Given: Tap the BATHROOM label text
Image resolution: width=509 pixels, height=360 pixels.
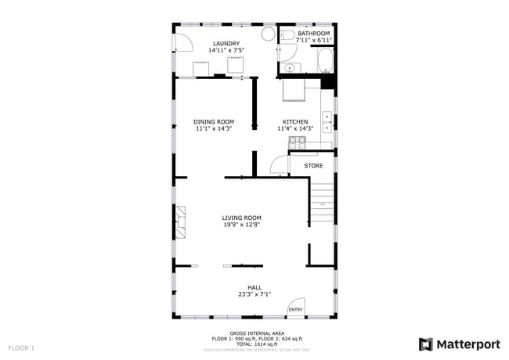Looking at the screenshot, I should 313,34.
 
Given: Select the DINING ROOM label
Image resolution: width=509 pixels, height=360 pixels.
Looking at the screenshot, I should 214,121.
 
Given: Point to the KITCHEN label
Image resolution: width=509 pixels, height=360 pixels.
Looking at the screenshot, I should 295,121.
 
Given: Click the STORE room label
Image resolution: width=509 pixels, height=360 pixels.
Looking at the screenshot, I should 313,166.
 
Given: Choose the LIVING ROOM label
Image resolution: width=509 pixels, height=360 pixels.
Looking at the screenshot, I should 241,218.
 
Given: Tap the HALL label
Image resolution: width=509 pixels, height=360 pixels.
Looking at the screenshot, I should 254,287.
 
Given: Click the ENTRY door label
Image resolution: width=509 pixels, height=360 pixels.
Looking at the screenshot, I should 295,310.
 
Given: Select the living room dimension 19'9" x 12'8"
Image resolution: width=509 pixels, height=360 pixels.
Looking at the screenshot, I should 241,225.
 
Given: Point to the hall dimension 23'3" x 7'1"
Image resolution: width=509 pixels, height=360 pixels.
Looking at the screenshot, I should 254,294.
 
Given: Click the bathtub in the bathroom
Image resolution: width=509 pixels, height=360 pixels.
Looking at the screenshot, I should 325,60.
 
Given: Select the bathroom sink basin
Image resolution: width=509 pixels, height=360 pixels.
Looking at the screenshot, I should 290,68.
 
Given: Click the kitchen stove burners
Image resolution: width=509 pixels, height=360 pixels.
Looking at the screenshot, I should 296,142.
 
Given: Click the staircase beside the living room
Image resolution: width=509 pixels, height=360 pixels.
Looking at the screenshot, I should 321,200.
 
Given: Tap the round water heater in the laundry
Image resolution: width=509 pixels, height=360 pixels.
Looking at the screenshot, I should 267,34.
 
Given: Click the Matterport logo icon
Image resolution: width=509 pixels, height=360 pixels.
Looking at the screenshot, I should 426,344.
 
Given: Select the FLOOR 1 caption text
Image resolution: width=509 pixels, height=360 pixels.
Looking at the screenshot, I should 21,347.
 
